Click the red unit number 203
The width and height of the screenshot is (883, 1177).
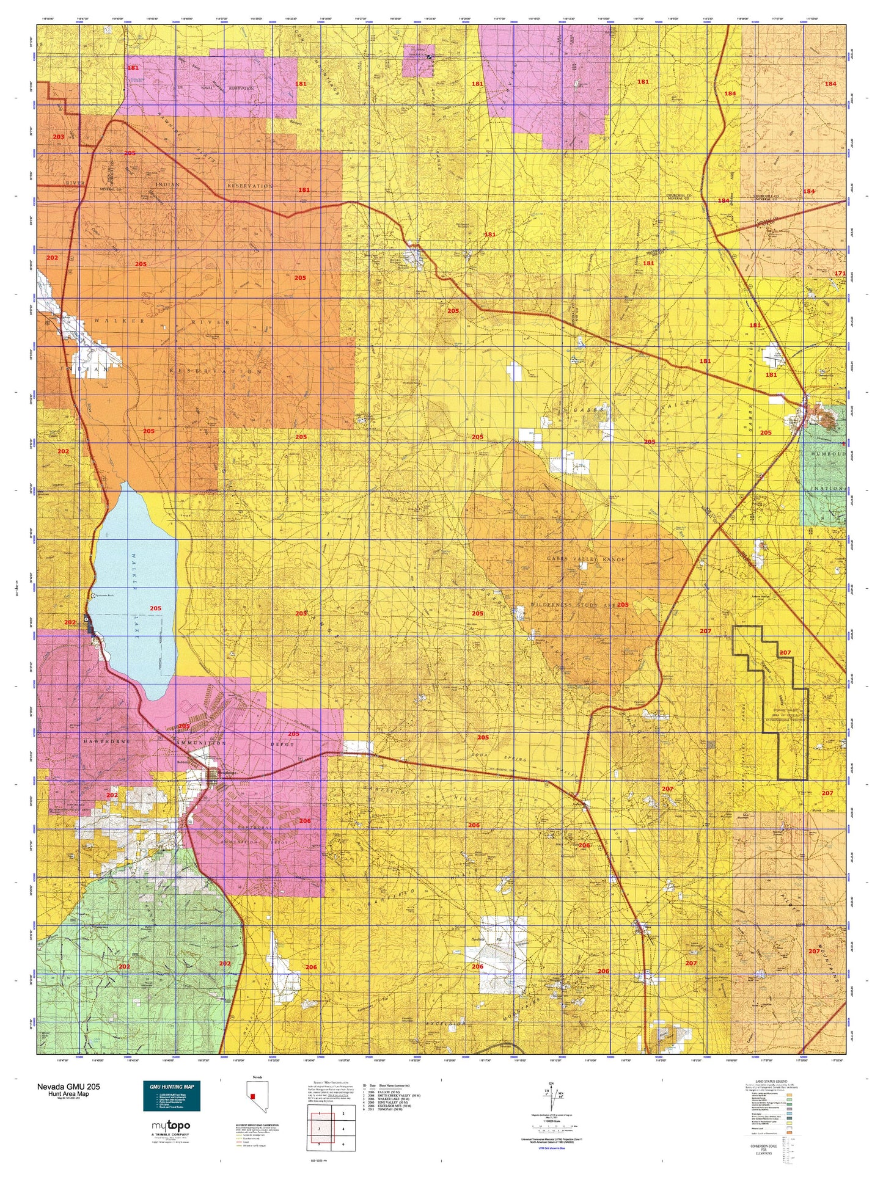[58, 137]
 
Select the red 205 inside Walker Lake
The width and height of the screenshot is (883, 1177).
[156, 608]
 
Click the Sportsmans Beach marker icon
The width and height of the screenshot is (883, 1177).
[92, 595]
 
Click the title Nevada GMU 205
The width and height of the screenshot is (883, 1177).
[68, 1087]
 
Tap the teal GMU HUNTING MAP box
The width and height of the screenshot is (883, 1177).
[171, 1096]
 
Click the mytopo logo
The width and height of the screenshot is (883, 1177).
[170, 1126]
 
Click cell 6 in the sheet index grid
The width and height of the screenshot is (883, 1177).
[343, 1144]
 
